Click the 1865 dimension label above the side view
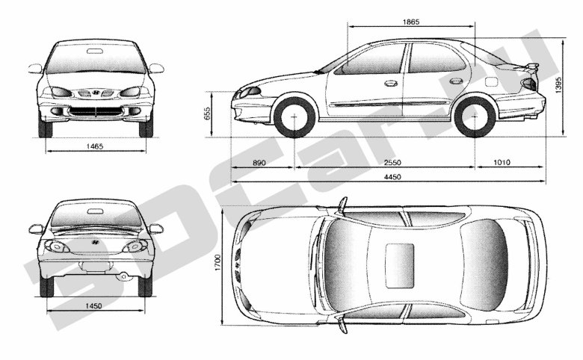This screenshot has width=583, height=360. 411,22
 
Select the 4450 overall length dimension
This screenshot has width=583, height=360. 392,177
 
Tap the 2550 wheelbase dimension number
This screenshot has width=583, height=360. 392,162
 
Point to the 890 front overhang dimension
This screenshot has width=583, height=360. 259,162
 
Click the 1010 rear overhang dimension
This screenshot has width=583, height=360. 502,162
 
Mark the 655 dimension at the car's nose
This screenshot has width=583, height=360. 208,114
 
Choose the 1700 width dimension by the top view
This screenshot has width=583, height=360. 218,263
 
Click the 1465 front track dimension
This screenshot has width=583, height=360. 94,146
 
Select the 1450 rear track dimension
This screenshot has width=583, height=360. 93,306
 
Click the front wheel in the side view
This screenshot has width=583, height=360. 294,117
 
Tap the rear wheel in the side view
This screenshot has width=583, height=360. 475,117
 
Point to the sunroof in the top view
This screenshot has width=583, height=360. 400,266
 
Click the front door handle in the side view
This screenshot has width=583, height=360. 390,84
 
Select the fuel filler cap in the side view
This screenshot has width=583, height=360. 491,81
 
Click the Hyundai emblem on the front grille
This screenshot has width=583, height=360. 96,93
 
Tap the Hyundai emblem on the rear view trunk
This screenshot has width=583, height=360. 96,242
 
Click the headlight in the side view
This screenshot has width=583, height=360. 250,90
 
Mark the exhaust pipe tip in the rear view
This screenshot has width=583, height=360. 123,276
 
